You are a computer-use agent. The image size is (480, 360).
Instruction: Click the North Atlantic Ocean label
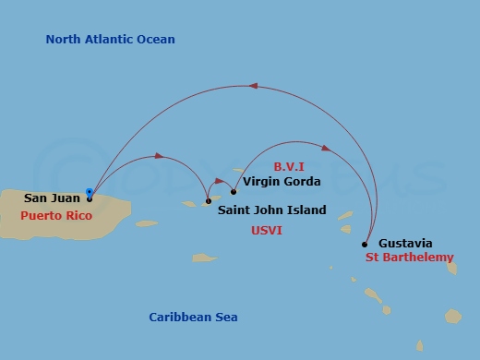coord(110,40)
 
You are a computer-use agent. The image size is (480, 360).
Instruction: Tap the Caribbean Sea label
coord(193,318)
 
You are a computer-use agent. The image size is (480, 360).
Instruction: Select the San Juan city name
coord(52,198)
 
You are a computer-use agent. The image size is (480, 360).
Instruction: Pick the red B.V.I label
coord(290,166)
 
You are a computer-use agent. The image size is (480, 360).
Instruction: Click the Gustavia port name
coord(405,244)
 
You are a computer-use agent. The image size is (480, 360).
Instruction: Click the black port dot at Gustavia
coord(365,245)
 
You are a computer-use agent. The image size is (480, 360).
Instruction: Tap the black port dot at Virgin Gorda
coord(234,192)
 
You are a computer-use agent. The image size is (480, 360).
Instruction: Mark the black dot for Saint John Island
coord(208,201)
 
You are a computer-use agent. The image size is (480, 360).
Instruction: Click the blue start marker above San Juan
coord(89,192)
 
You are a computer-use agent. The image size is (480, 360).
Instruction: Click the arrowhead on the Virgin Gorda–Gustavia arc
coord(326,148)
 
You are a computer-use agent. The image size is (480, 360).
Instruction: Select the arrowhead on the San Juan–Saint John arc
coord(159,156)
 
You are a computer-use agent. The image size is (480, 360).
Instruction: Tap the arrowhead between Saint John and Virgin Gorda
coord(221,181)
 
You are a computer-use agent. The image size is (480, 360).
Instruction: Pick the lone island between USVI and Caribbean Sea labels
coord(204,258)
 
